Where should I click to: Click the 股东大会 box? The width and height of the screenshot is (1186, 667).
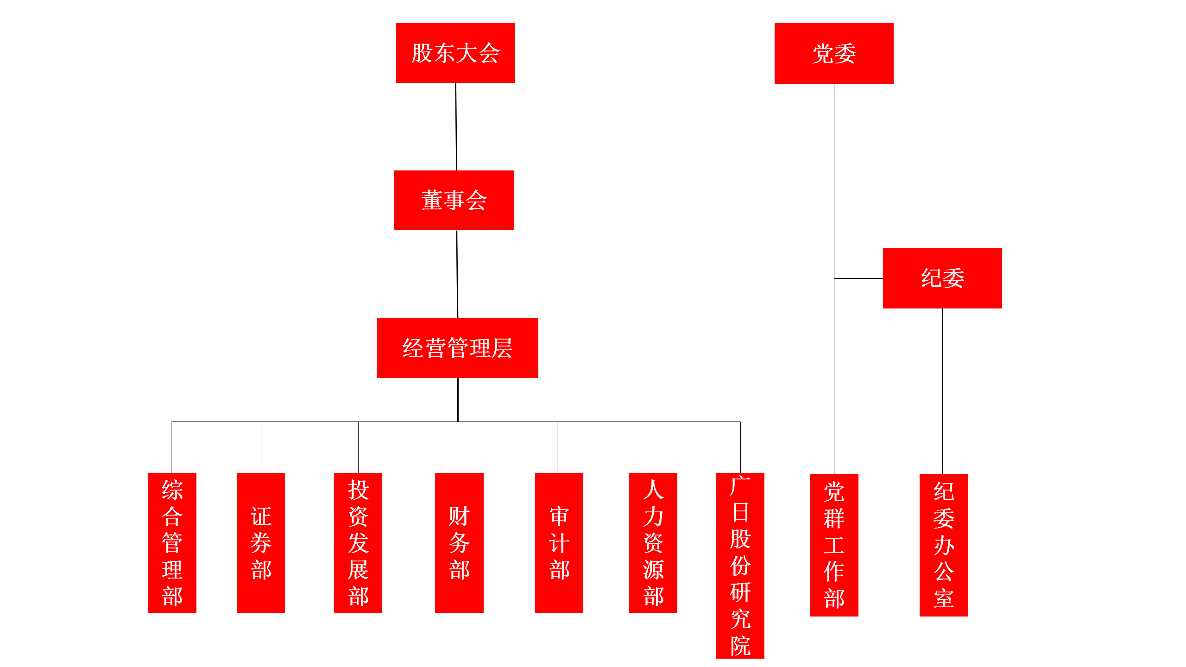pos(455,53)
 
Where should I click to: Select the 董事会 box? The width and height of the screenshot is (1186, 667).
pos(454,200)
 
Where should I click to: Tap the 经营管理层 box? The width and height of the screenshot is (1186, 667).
pos(457,348)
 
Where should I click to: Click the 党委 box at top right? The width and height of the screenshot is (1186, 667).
pos(834,53)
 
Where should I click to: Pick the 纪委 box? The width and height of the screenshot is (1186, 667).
pos(942,278)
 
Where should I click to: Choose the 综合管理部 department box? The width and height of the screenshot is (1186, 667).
pos(172,543)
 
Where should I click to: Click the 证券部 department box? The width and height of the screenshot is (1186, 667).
pos(261,543)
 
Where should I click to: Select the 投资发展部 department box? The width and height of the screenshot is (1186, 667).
pos(358,543)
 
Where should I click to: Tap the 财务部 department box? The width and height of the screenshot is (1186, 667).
pos(459,543)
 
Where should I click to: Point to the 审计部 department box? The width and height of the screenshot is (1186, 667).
pos(559,543)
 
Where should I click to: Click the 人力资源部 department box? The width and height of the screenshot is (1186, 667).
pos(653,543)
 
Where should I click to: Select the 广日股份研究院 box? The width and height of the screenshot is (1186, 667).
pos(740,566)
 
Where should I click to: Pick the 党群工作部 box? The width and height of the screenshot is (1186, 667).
pos(834,545)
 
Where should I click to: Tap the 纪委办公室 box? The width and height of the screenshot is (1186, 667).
pos(944,545)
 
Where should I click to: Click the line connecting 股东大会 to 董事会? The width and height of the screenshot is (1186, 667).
pos(456,126)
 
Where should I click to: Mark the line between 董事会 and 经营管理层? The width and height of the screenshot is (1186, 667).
pos(457,274)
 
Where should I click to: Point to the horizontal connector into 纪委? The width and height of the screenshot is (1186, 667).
pos(858,278)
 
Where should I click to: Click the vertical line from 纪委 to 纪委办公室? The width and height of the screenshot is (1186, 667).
pos(942,391)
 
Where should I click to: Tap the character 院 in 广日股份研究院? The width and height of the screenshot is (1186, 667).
pos(740,646)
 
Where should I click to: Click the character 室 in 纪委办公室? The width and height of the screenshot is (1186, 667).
pos(944,598)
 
